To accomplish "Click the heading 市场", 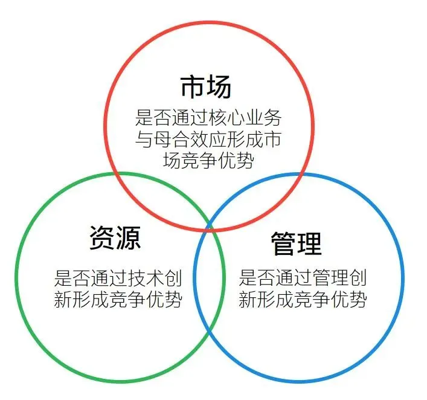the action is [x=206, y=87].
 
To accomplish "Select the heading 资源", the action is [x=115, y=237].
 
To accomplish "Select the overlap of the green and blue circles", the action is [x=209, y=284].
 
